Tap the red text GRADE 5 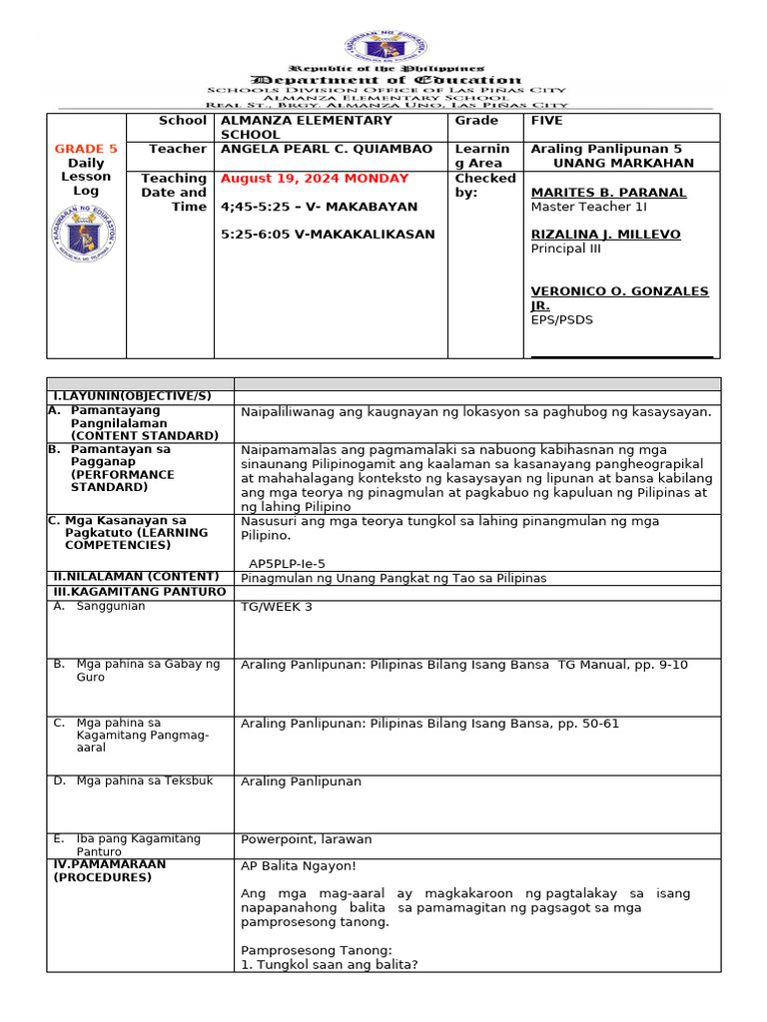(86, 149)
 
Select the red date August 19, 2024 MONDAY (315, 179)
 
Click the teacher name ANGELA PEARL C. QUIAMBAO (327, 149)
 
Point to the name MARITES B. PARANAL (608, 193)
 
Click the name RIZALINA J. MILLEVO (605, 235)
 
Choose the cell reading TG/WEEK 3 (277, 607)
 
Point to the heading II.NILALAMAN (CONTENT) (136, 577)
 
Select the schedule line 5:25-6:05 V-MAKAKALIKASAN (328, 235)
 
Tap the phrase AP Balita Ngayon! (298, 866)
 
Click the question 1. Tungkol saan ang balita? (330, 964)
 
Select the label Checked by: (484, 185)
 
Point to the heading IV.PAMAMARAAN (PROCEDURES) (110, 871)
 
